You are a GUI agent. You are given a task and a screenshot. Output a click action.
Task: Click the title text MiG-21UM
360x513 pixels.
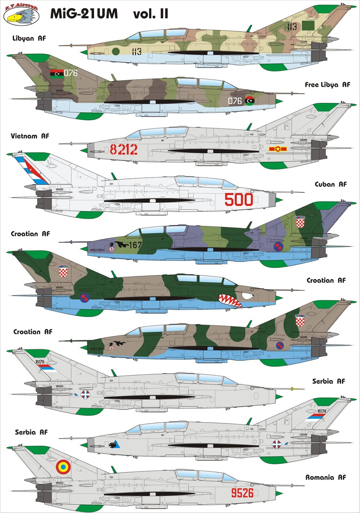point(84,14)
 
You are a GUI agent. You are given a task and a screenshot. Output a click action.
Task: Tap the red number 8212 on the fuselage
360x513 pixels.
point(124,149)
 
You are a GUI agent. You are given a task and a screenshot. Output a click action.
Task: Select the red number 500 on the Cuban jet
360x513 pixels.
point(239,199)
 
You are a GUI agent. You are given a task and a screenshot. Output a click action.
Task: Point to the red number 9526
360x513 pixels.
point(242,493)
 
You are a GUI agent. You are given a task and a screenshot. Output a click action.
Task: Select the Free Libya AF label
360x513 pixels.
point(327,85)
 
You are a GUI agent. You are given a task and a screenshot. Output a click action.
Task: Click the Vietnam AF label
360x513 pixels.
point(30,136)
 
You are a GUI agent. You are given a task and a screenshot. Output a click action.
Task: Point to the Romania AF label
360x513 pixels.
point(325,477)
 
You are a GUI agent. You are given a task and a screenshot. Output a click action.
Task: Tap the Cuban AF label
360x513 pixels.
point(330,184)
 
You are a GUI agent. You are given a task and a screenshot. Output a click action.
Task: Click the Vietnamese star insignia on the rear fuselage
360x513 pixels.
point(278,149)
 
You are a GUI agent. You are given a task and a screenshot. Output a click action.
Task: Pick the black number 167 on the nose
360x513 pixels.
point(135,245)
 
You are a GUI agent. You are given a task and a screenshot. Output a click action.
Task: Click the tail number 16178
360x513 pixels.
point(40,362)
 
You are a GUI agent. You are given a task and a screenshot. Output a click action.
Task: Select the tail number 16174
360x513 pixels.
point(321,411)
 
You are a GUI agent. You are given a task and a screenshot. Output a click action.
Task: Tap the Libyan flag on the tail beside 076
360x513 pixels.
point(57,74)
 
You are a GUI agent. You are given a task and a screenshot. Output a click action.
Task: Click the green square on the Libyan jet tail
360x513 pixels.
point(308,25)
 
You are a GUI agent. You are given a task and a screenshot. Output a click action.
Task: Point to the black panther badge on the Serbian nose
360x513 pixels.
point(113,444)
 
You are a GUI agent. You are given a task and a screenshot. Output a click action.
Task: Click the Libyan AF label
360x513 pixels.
point(29,38)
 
